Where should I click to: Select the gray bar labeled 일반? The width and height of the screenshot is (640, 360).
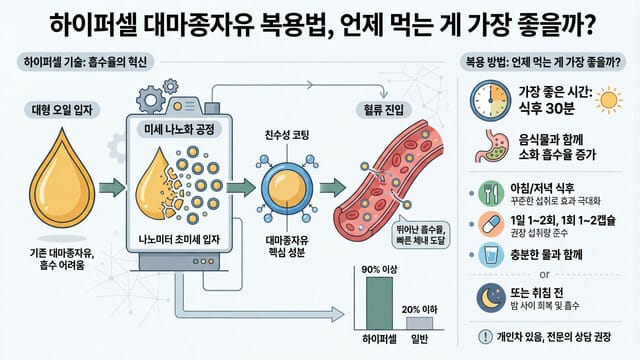[419, 323]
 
